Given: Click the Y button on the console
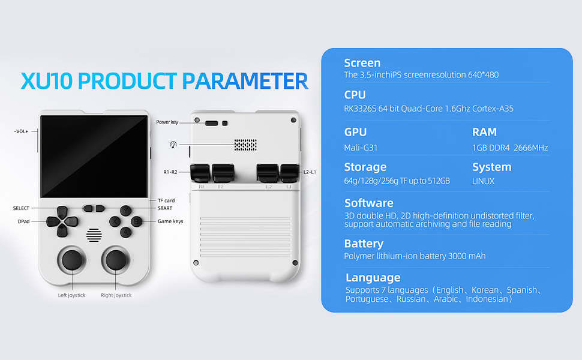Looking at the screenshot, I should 125,211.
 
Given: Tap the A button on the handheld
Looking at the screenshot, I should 125,232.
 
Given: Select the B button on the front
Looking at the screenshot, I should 137,221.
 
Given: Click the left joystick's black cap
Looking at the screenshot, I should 71,259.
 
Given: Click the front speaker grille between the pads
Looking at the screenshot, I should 93,234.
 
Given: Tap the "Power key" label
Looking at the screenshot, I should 167,122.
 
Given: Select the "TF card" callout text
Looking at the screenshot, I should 166,200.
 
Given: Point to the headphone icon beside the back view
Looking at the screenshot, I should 173,145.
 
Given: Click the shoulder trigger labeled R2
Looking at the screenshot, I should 223,173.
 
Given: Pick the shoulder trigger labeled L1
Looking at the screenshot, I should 289,173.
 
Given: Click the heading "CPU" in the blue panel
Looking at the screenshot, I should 355,95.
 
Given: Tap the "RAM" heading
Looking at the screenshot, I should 484,132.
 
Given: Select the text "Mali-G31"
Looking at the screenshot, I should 361,148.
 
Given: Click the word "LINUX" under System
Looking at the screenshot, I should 483,181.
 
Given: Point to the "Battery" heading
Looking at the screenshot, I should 364,244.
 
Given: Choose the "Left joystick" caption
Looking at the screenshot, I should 71,295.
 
